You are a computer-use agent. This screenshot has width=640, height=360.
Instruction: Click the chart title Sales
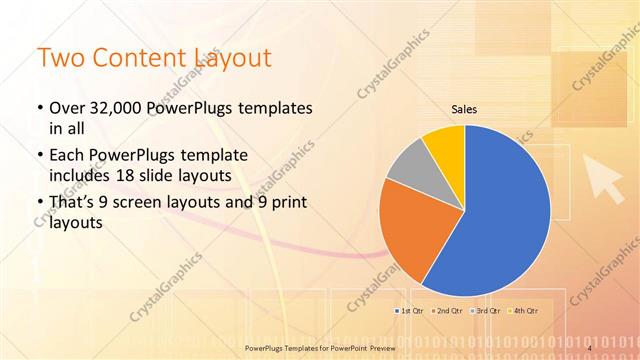[x=464, y=109]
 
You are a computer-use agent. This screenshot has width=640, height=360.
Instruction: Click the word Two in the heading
[x=62, y=58]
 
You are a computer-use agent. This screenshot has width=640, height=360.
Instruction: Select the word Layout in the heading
[x=234, y=58]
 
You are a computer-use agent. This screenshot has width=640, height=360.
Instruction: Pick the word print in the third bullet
[x=284, y=203]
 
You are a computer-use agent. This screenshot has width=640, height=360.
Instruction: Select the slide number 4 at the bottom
[x=590, y=347]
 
